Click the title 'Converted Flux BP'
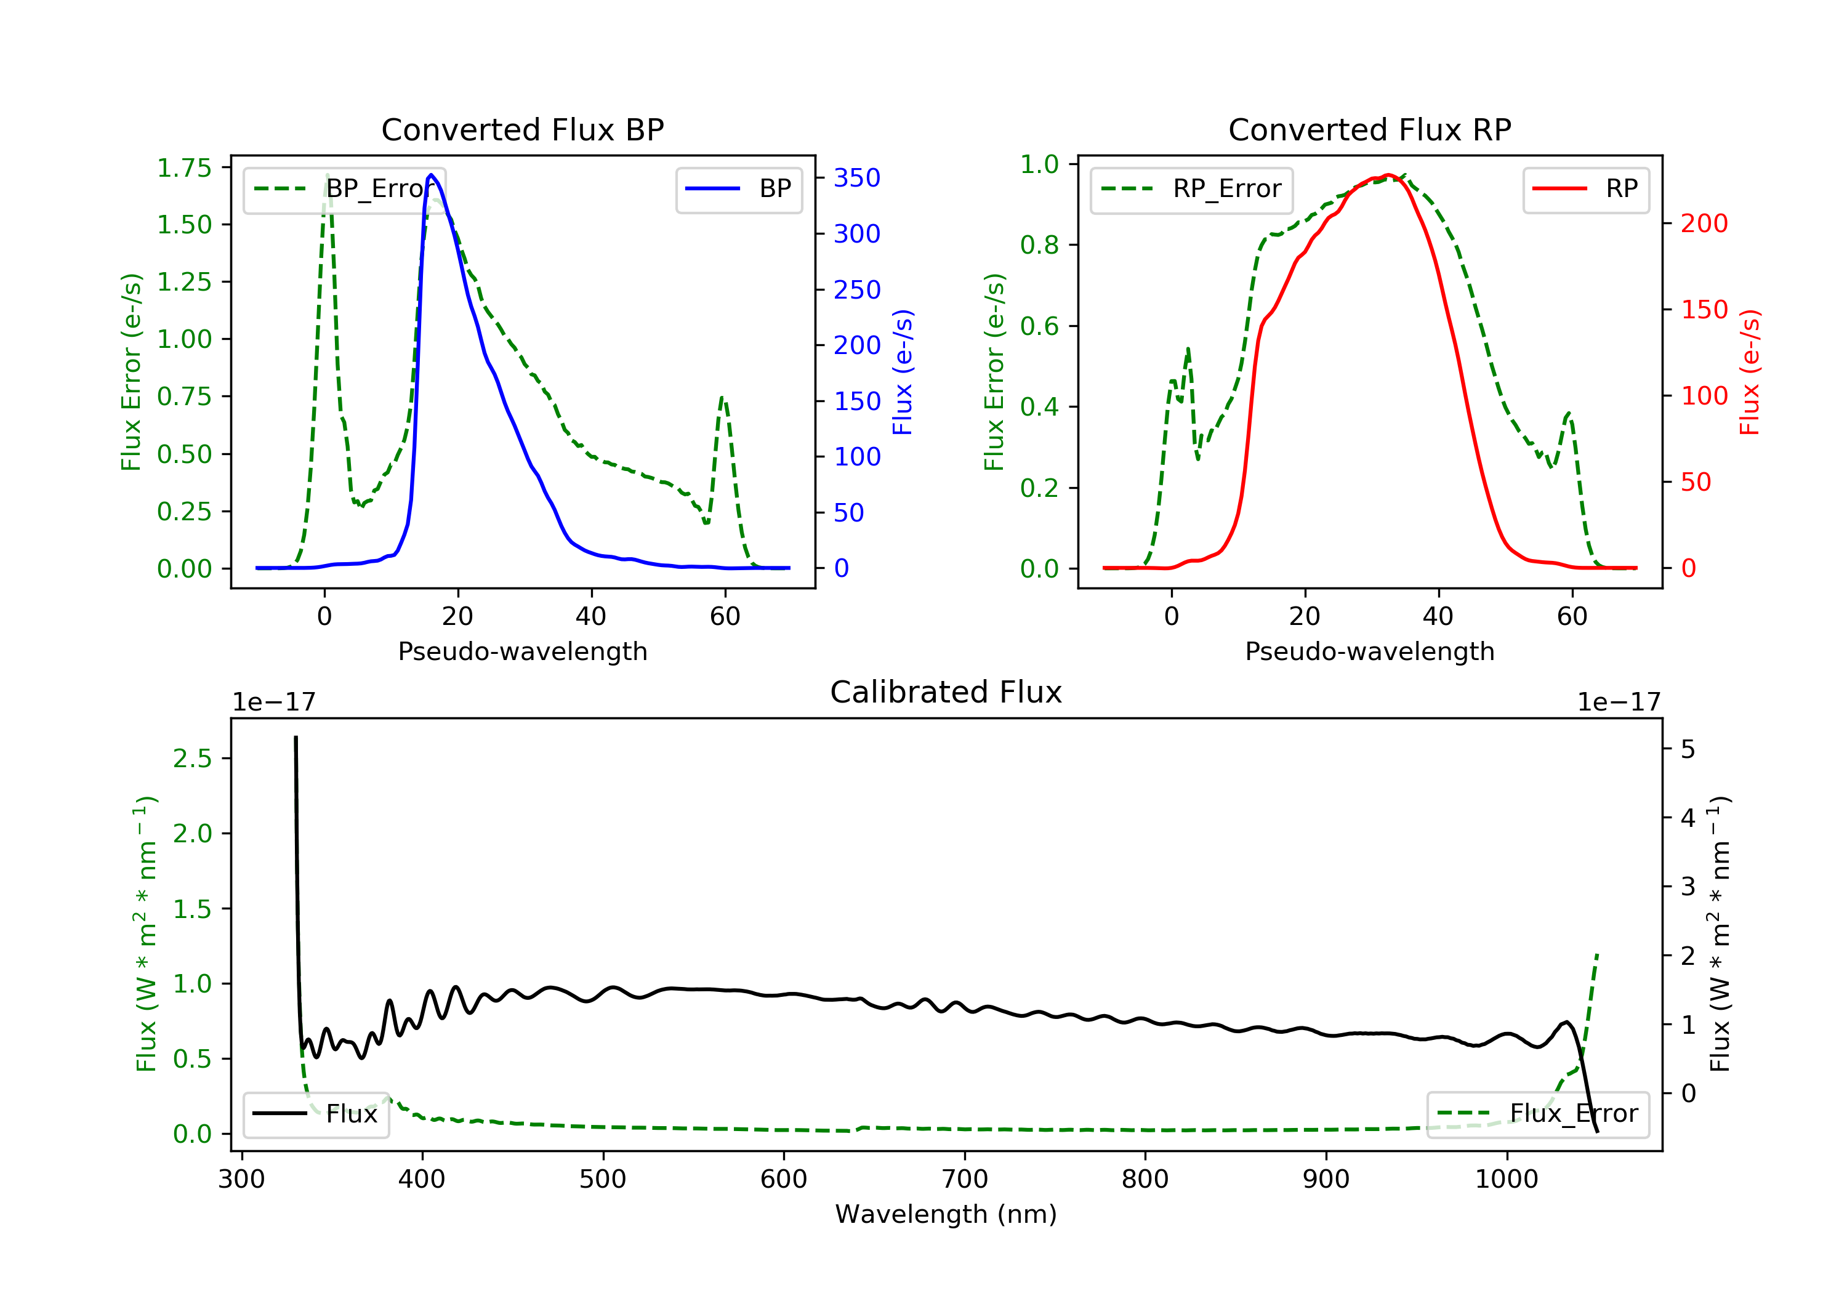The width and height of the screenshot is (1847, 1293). (x=522, y=129)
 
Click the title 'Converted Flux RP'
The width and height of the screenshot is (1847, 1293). (x=1369, y=129)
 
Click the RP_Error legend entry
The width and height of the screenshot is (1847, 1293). (x=1191, y=189)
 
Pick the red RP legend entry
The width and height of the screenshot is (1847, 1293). (x=1585, y=189)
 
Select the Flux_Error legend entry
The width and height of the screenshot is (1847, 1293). (x=1537, y=1114)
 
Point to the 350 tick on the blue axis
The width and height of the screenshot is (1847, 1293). (x=857, y=178)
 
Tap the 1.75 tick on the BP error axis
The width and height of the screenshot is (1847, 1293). (x=184, y=167)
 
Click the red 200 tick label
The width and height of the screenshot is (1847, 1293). (x=1704, y=223)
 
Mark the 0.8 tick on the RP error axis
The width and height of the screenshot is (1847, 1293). (x=1039, y=244)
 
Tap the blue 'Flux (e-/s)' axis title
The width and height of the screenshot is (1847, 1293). (x=903, y=372)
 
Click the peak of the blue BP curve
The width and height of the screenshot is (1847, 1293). (x=431, y=175)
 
